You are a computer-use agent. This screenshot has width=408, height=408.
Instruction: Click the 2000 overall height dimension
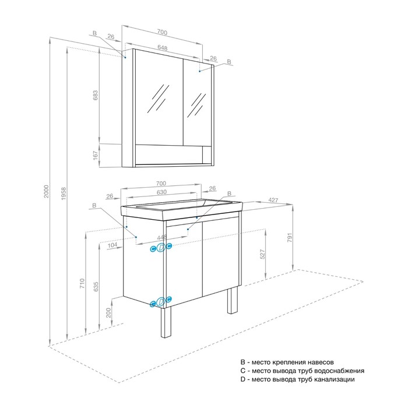click(46, 191)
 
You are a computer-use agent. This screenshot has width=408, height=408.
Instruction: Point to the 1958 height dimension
click(64, 194)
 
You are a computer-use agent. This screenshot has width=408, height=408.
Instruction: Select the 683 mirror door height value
click(96, 95)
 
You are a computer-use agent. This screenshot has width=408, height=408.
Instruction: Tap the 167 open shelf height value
click(96, 156)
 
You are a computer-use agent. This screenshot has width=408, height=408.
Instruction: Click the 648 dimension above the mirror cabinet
click(163, 48)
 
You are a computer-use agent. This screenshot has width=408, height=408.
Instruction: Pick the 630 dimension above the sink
click(161, 192)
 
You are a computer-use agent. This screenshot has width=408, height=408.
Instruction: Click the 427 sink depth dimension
click(273, 200)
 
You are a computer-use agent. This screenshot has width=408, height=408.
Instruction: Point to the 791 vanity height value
click(290, 237)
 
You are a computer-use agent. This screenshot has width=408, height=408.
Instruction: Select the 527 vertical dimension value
click(262, 254)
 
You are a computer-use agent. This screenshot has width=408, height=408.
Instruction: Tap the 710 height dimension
click(82, 283)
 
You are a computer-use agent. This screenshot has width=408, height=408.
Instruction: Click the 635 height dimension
click(96, 286)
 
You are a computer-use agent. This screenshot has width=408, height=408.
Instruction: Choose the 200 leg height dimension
click(108, 312)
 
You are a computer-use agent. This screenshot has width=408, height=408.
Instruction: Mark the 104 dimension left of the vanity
click(112, 245)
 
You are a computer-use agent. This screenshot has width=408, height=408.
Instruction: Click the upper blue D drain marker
click(161, 248)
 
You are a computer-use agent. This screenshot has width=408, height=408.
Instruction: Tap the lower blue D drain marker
click(161, 301)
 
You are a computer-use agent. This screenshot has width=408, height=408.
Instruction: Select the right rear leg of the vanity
click(233, 301)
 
